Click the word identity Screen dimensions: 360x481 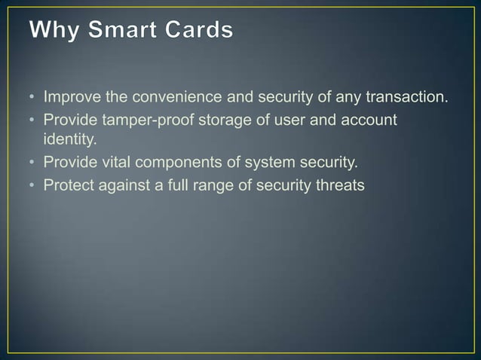point(67,139)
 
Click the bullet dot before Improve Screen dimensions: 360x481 point(33,99)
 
